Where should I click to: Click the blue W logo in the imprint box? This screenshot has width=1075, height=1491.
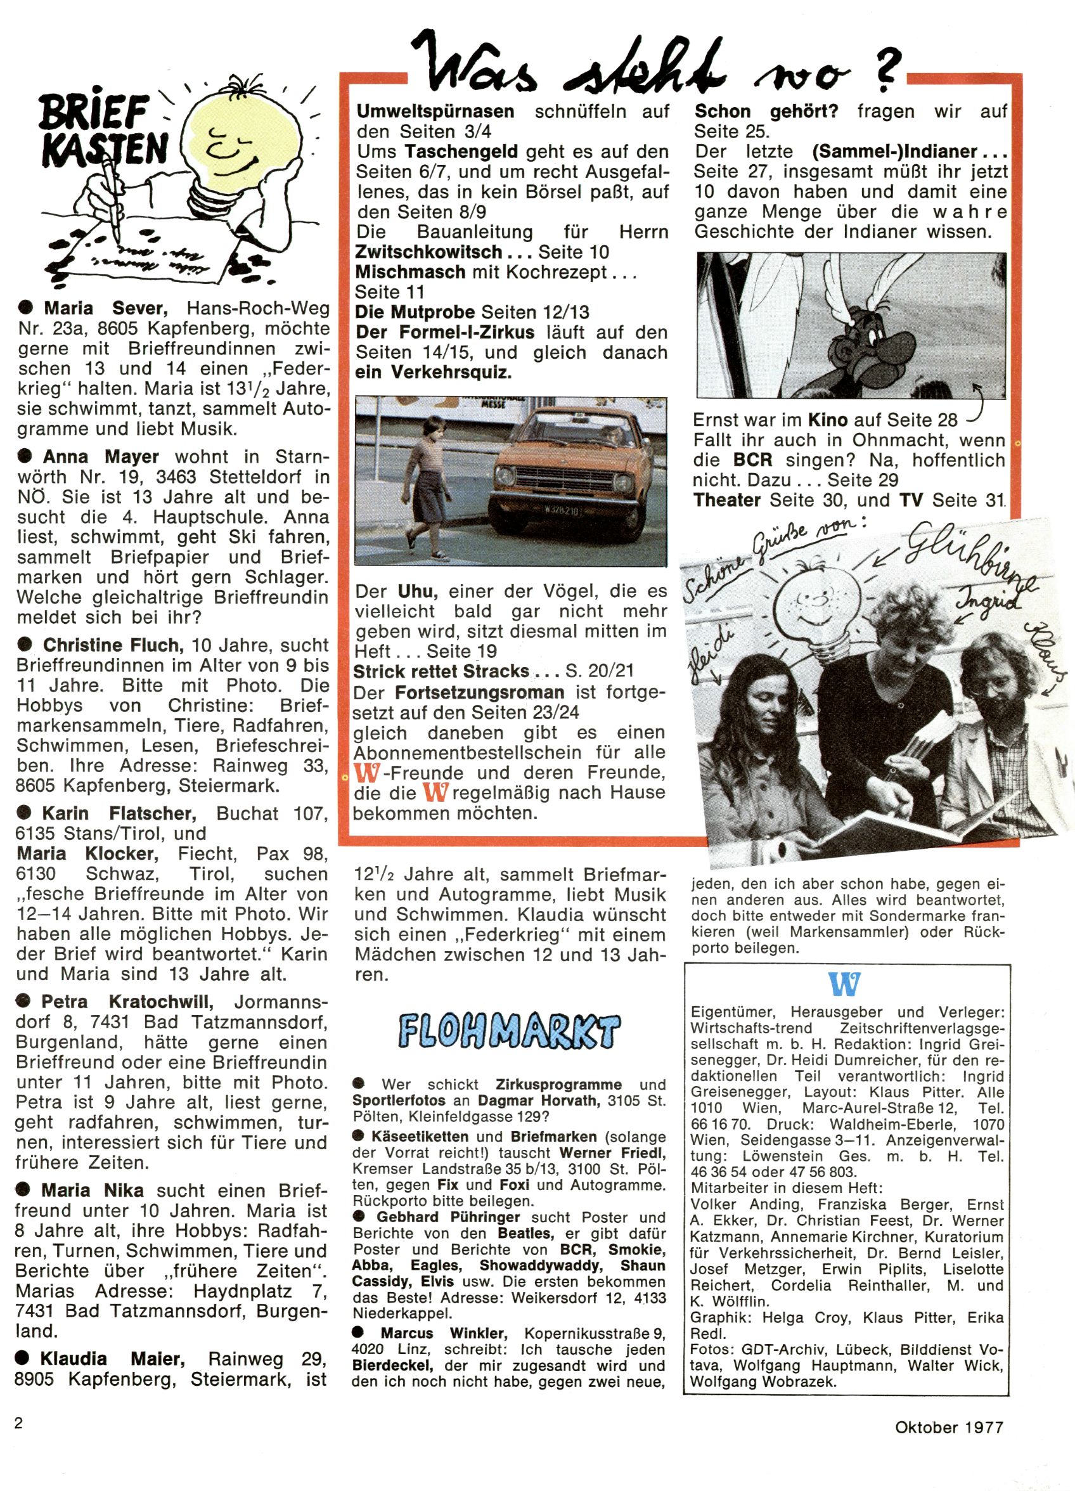pos(845,983)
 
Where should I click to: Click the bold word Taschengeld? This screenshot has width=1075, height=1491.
pos(461,152)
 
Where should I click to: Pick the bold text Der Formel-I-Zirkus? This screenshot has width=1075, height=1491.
pos(445,332)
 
